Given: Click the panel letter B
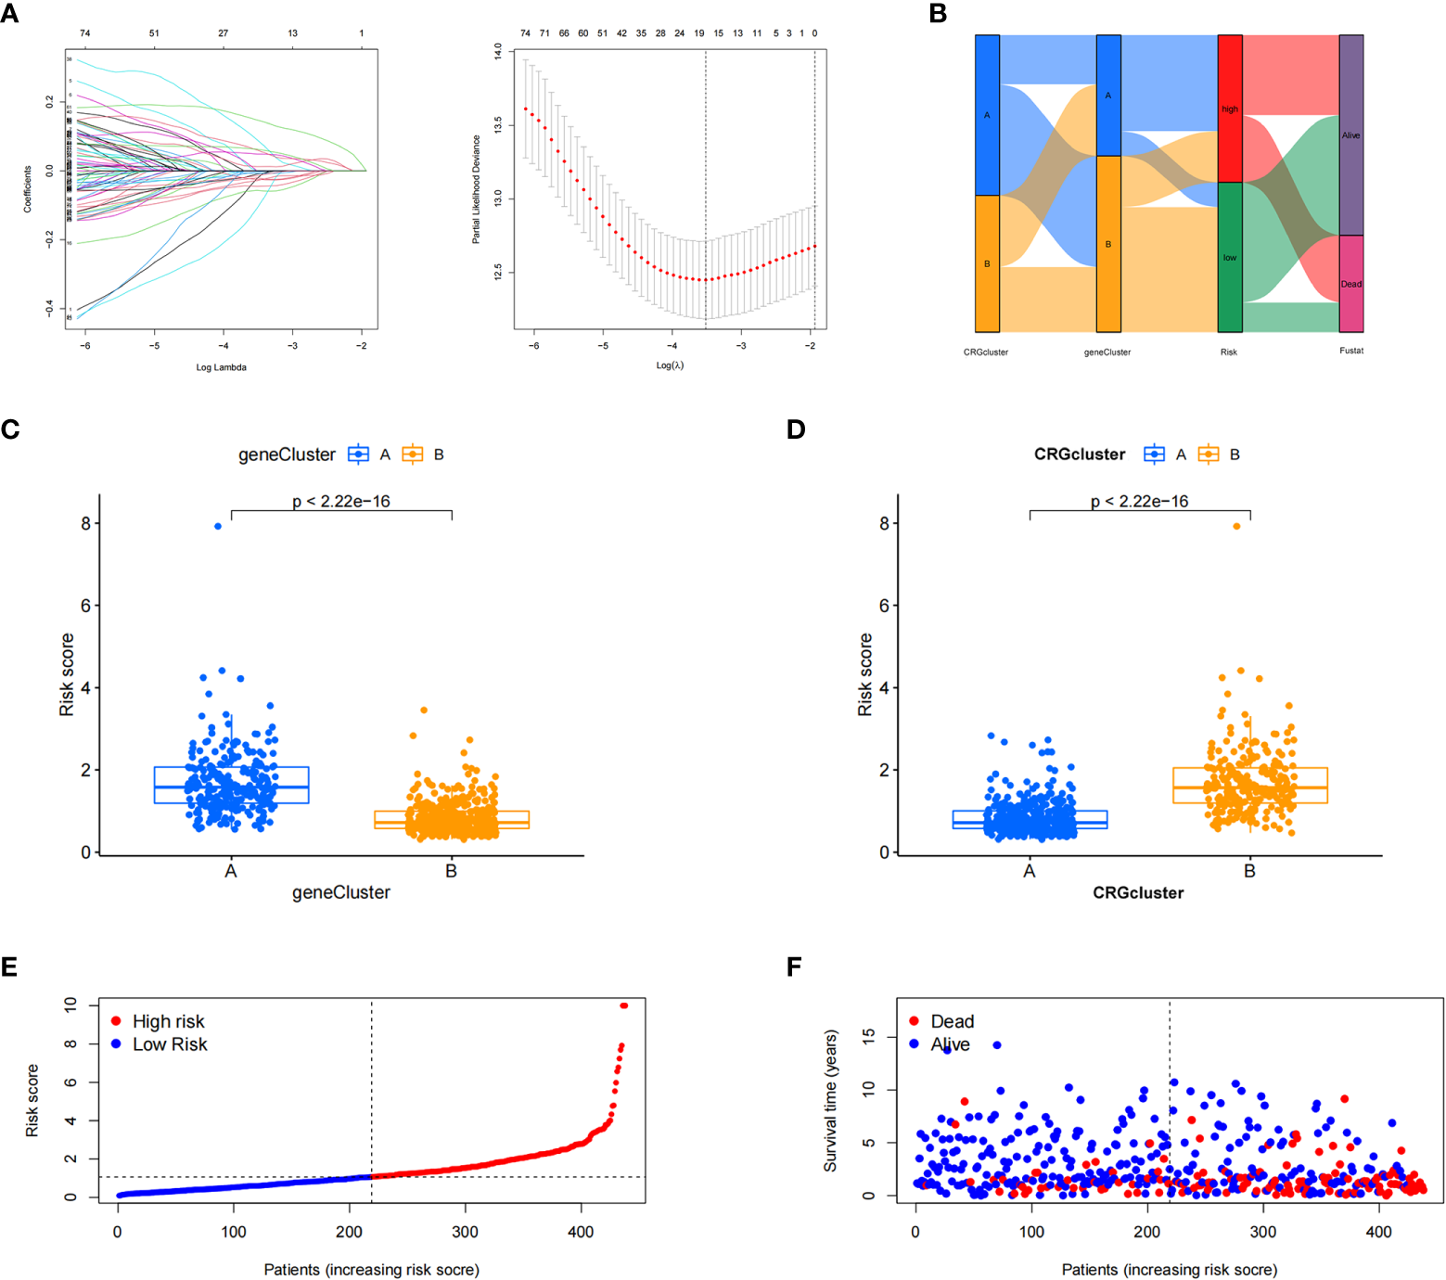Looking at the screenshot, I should (x=938, y=14).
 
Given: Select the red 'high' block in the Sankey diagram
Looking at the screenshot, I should (x=1230, y=109).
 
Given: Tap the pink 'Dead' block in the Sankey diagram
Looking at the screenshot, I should (x=1351, y=284).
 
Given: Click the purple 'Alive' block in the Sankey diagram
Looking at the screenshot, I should (x=1351, y=135).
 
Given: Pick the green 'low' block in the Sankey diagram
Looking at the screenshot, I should (x=1230, y=257).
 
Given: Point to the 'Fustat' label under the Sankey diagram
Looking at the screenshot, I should (x=1351, y=351).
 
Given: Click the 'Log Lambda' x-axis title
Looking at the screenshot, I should (x=221, y=367).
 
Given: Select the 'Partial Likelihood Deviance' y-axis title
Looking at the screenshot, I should (x=477, y=189).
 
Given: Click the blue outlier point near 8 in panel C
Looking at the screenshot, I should (x=218, y=526).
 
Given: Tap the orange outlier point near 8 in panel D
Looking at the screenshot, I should (x=1236, y=526).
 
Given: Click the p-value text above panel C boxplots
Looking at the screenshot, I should (x=341, y=502).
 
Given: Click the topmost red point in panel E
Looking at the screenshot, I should (x=624, y=1005).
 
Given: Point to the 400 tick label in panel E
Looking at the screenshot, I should (x=581, y=1232).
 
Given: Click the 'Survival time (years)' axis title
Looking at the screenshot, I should (x=831, y=1100).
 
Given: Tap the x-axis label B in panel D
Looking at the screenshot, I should (x=1249, y=871).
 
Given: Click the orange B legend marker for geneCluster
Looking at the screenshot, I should (x=412, y=454).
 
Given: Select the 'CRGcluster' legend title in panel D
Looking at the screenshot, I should (x=1080, y=454).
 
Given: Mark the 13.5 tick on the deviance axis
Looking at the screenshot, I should (x=498, y=124).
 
